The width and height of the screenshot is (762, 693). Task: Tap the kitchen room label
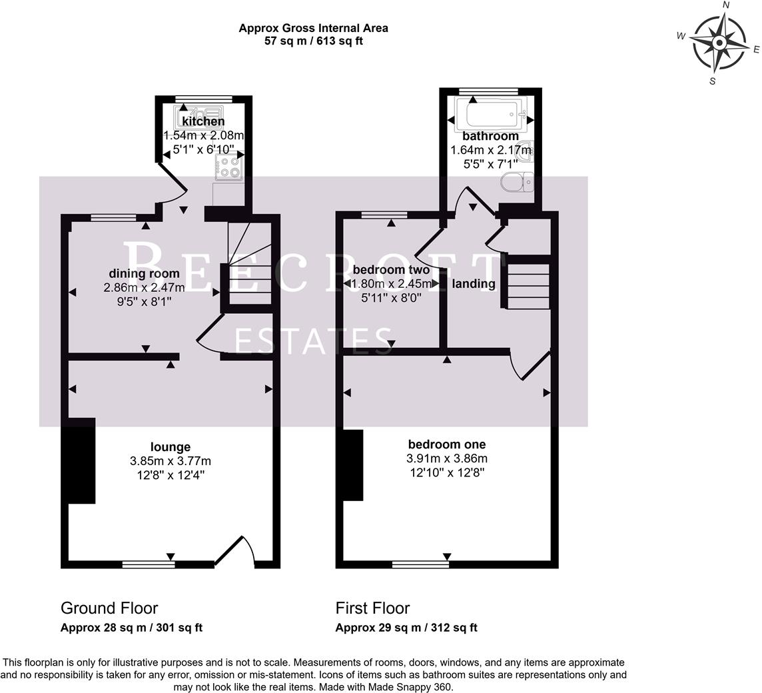[203, 121]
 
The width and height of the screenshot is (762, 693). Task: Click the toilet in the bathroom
[517, 181]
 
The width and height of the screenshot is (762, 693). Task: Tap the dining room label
[144, 273]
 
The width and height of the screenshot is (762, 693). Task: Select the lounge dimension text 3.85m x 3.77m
[171, 461]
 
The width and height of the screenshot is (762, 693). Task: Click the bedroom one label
[446, 444]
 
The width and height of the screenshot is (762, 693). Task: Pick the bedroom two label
[391, 270]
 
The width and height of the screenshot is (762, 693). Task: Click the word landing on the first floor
[474, 284]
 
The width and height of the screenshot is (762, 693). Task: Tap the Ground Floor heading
[109, 608]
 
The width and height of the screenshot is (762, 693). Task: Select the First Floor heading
[372, 608]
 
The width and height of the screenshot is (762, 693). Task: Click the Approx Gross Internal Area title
[313, 28]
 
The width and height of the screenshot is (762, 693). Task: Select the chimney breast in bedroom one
[354, 464]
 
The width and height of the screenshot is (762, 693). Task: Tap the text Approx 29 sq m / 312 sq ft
[406, 628]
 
